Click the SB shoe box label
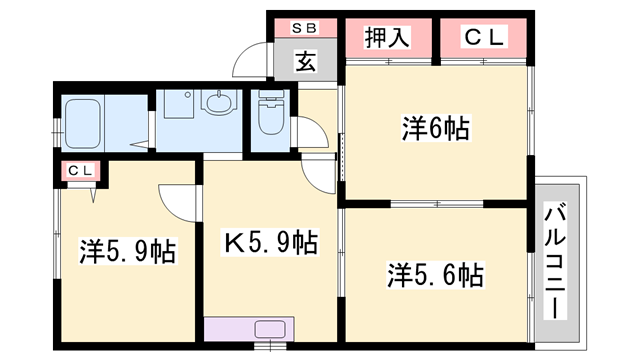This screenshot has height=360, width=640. click(305, 29)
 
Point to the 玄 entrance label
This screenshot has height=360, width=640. click(304, 62)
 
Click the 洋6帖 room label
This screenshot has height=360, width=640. click(437, 128)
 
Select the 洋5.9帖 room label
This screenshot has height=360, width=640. click(127, 251)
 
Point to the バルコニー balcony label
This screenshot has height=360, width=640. click(554, 259)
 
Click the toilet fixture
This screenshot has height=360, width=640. click(271, 116)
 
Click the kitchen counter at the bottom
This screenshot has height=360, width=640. click(250, 329)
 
